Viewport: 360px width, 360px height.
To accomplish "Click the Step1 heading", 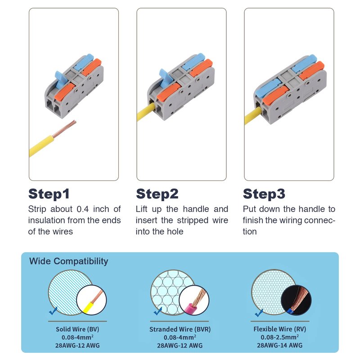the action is [x=49, y=194].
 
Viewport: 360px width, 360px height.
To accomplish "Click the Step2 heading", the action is [x=157, y=194].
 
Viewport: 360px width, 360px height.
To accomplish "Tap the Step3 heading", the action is [x=264, y=194].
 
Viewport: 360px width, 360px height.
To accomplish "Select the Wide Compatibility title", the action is [x=69, y=261].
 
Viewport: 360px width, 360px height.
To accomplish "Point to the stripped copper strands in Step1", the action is [x=65, y=129].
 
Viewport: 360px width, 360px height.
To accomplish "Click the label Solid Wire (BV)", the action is [x=77, y=329].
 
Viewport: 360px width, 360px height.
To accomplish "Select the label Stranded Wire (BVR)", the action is [x=180, y=329].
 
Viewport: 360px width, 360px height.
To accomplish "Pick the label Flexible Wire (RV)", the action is [x=279, y=329].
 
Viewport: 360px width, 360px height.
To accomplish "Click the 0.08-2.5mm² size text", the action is [x=279, y=337].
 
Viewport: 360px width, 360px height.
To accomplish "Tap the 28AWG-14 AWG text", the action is [x=279, y=345].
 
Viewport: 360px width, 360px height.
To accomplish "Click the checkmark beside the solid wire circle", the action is [x=53, y=310].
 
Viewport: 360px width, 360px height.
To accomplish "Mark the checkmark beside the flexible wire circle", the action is [x=259, y=312].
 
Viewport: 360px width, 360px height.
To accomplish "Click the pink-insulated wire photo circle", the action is [x=194, y=300].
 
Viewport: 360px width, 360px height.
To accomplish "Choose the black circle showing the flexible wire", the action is [x=296, y=300].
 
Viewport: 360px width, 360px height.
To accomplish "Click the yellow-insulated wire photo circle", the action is [x=91, y=300].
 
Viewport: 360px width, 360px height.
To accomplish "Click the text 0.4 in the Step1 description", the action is [x=83, y=209].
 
